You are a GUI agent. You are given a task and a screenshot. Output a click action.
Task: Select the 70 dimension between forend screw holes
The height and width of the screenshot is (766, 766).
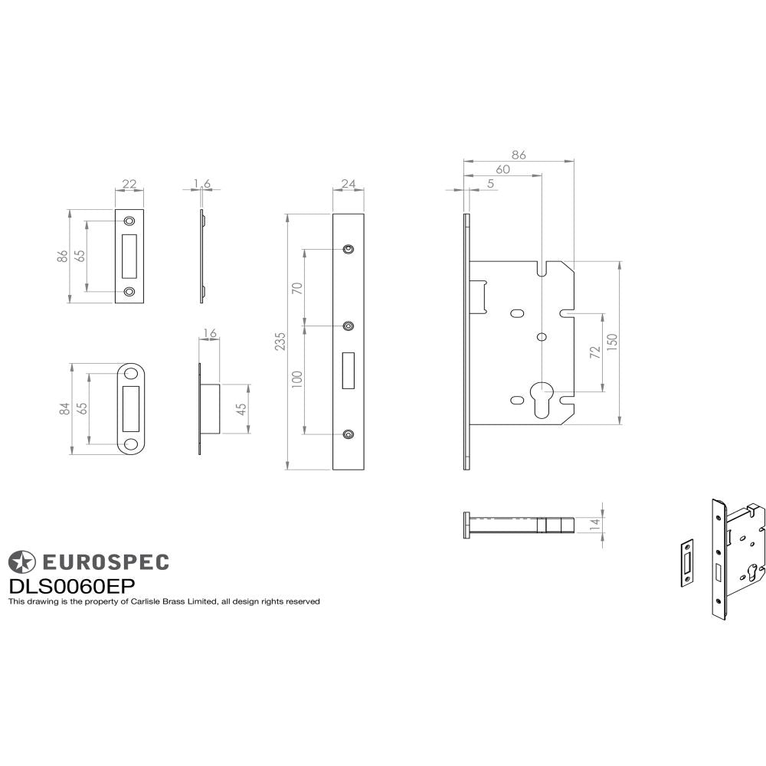click(x=298, y=288)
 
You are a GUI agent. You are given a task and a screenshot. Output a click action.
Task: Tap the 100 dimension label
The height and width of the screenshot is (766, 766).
click(x=298, y=378)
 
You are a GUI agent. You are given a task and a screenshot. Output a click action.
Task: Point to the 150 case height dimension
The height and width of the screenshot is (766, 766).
click(x=611, y=342)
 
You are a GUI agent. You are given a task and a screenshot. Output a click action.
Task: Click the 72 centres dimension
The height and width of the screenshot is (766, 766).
click(x=594, y=352)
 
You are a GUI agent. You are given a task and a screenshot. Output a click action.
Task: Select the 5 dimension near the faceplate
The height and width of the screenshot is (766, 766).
click(x=489, y=184)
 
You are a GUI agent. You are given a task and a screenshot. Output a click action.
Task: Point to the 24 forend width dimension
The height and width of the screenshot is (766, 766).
click(x=349, y=184)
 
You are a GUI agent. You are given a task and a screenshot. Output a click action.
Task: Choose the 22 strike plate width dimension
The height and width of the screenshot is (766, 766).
click(x=129, y=184)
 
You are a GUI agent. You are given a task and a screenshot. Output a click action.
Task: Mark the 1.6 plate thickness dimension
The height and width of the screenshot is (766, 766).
click(x=201, y=184)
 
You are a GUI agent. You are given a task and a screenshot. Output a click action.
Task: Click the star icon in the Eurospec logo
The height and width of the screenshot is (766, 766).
click(x=21, y=561)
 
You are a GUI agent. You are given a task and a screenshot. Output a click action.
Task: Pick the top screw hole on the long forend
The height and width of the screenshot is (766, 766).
click(x=349, y=249)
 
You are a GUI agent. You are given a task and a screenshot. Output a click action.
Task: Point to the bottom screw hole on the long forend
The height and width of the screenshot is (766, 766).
click(x=349, y=435)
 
